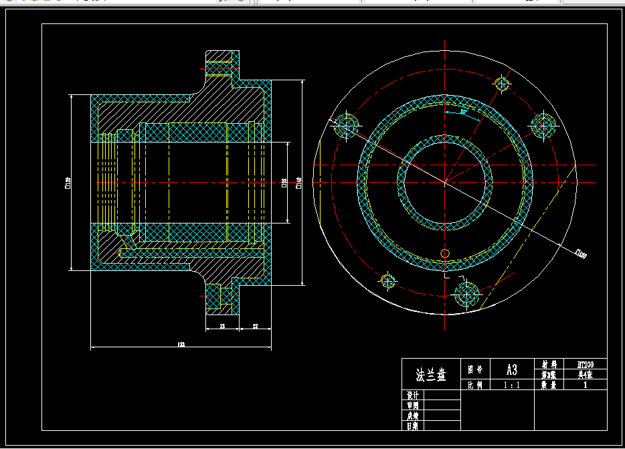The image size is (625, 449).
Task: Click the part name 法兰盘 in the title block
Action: (430, 375)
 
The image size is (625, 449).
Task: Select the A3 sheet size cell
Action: (511, 369)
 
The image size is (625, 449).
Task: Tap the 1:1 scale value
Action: (511, 385)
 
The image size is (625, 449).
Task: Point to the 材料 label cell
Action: (549, 365)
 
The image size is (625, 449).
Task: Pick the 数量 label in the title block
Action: (549, 385)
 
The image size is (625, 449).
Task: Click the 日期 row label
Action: (413, 425)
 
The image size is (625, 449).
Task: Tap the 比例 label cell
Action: (475, 385)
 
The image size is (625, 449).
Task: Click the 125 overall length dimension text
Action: (181, 345)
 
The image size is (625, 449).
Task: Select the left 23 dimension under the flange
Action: (222, 327)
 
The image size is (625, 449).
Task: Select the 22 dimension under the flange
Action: (256, 327)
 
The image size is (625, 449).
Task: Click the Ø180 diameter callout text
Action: (582, 254)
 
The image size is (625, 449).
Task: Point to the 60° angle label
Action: (464, 112)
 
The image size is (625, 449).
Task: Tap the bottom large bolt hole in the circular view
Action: (466, 294)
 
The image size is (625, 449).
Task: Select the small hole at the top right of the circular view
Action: (503, 84)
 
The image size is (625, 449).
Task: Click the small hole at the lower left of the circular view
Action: (387, 281)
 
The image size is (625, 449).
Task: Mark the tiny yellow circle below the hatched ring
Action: (445, 252)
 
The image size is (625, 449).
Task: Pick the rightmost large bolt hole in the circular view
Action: (543, 124)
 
